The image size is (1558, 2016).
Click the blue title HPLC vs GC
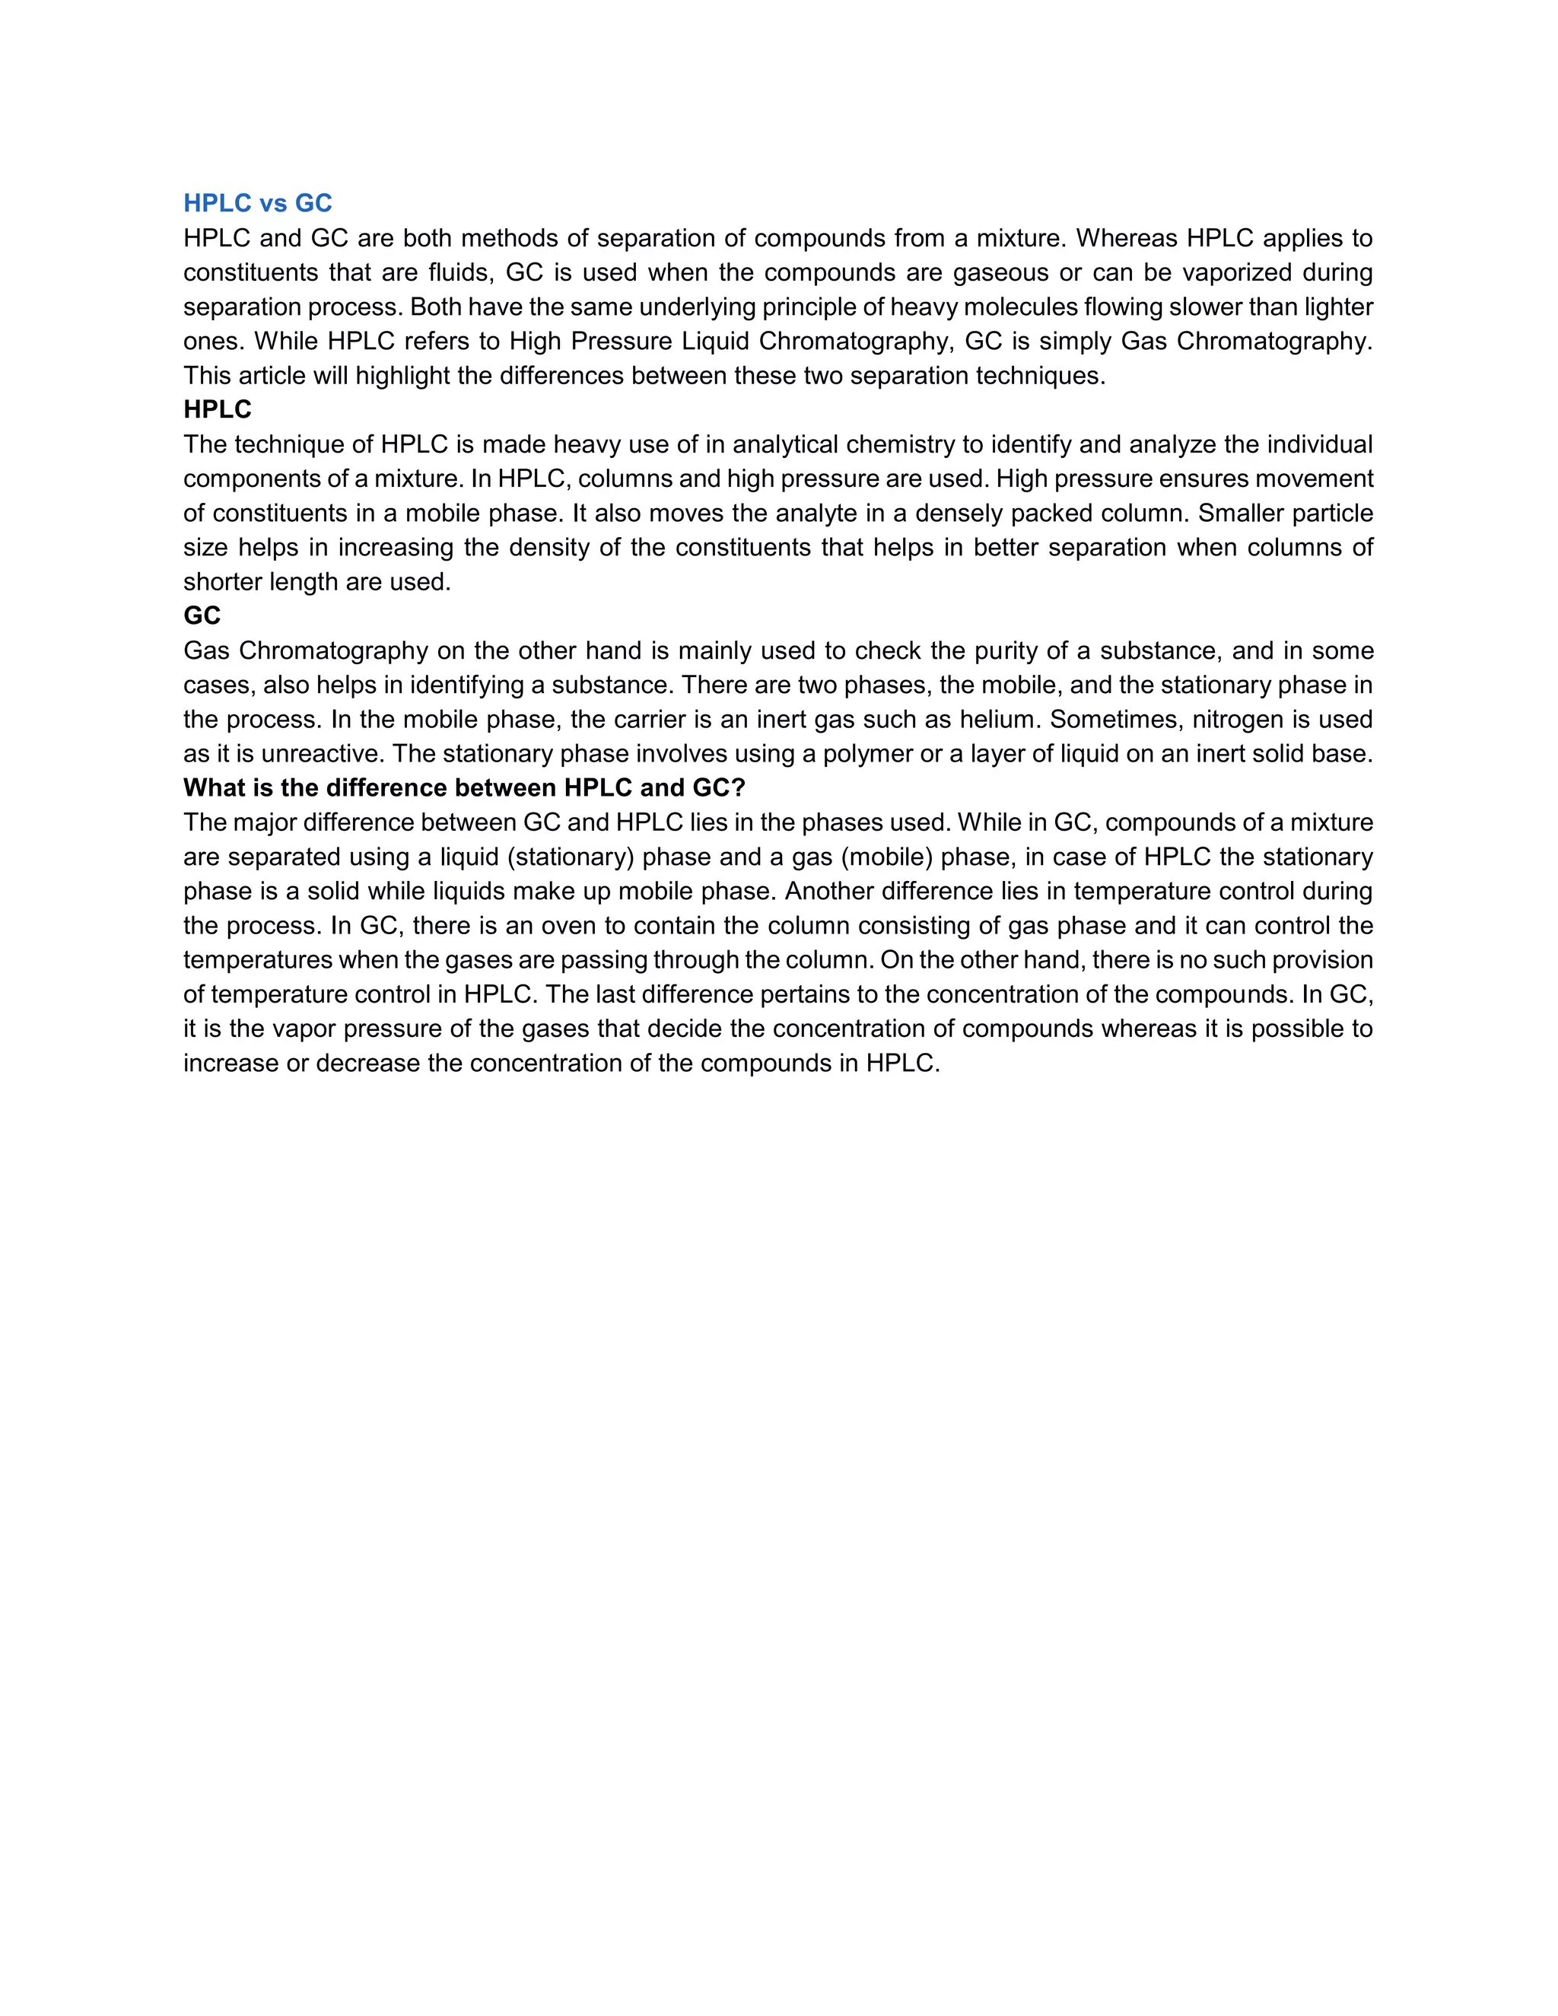pos(258,203)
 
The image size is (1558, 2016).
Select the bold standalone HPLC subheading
pos(217,410)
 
